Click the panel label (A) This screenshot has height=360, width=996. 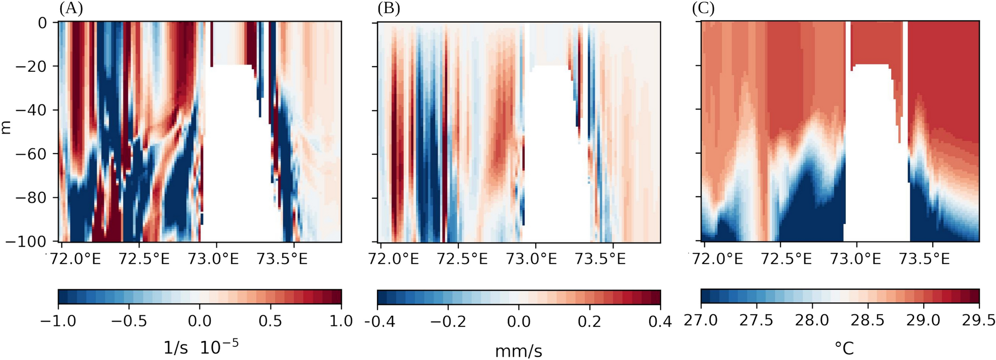pyautogui.click(x=71, y=9)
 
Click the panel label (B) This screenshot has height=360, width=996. pyautogui.click(x=389, y=9)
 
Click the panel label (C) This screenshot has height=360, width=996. pyautogui.click(x=703, y=9)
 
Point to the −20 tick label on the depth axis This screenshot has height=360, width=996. pyautogui.click(x=31, y=66)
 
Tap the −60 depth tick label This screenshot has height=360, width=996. pyautogui.click(x=31, y=154)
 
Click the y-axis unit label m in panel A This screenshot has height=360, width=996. pyautogui.click(x=6, y=128)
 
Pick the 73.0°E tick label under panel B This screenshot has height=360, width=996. pyautogui.click(x=532, y=259)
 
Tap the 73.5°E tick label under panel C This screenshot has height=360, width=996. pyautogui.click(x=924, y=259)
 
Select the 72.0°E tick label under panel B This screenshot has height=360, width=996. pyautogui.click(x=394, y=259)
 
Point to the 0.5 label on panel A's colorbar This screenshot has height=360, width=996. pyautogui.click(x=271, y=321)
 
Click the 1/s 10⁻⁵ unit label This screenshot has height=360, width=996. pyautogui.click(x=200, y=346)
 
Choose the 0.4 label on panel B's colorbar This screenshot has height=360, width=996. pyautogui.click(x=660, y=321)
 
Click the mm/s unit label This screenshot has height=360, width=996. pyautogui.click(x=519, y=351)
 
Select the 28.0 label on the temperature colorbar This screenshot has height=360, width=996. pyautogui.click(x=812, y=320)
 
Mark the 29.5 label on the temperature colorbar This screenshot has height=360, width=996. pyautogui.click(x=978, y=320)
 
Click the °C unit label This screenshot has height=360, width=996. pyautogui.click(x=844, y=348)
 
